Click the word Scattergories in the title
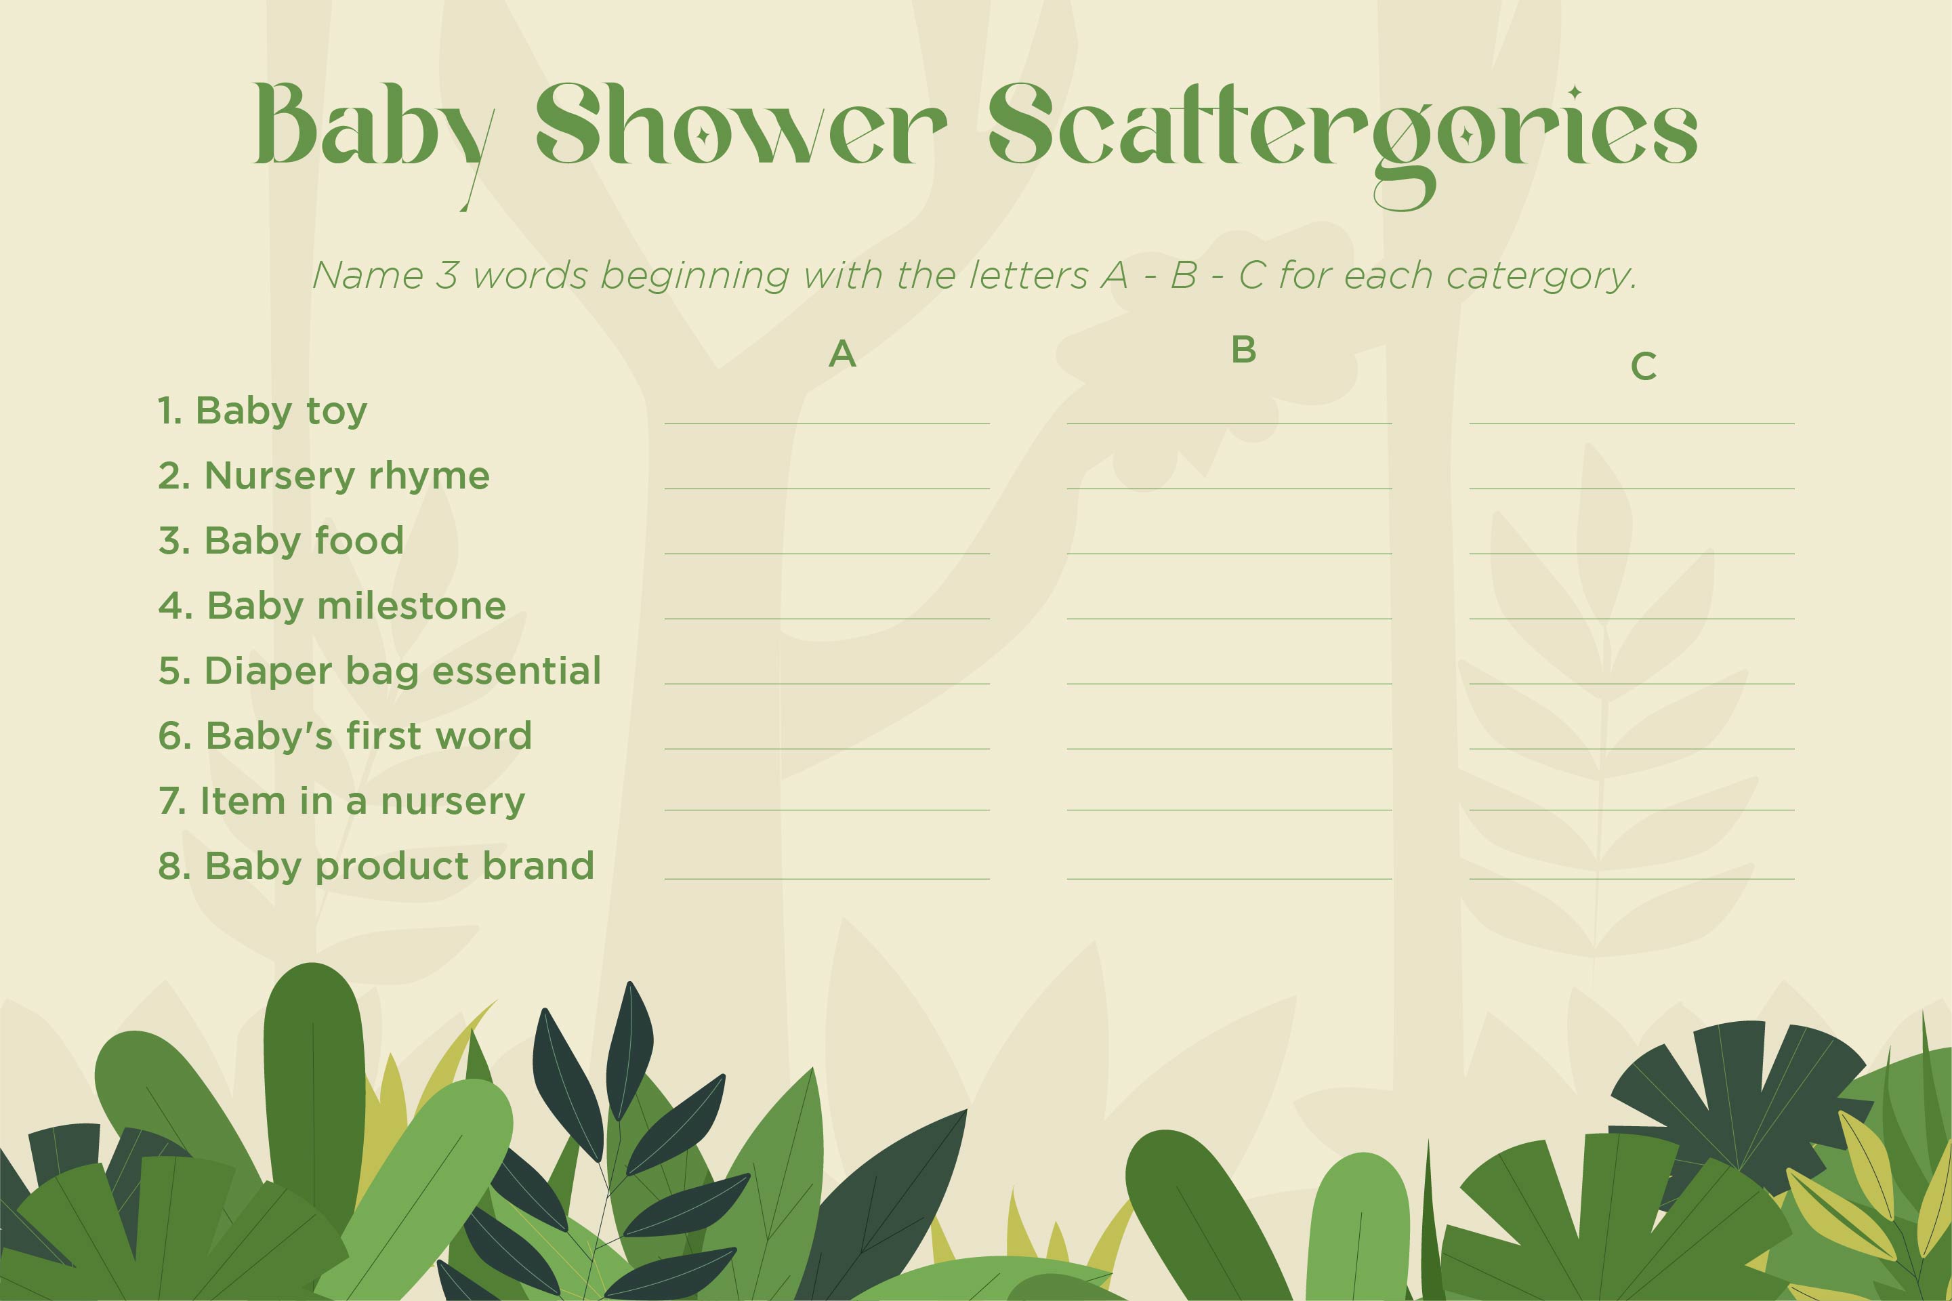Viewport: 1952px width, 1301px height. (x=1342, y=141)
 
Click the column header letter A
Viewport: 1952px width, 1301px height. (x=842, y=354)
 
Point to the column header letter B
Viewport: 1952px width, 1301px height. (x=1243, y=350)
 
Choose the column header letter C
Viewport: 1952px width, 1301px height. (x=1644, y=366)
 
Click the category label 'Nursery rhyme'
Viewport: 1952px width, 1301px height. (x=347, y=476)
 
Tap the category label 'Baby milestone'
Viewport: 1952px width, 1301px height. (x=356, y=606)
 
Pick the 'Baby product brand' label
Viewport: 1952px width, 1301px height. (x=399, y=866)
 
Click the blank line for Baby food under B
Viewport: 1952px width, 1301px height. (x=1230, y=554)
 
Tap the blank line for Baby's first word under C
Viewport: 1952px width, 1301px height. (x=1632, y=748)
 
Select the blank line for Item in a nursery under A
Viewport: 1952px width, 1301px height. (x=827, y=809)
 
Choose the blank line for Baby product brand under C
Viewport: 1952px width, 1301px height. (x=1632, y=879)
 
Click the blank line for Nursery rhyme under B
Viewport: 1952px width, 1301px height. (x=1230, y=489)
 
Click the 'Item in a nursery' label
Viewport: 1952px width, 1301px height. (x=362, y=802)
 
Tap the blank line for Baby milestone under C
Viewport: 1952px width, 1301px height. (x=1632, y=618)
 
